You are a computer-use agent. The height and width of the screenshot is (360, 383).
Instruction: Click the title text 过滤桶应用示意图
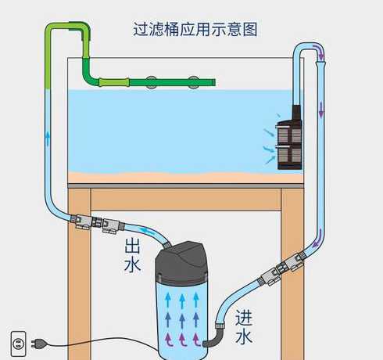[x=195, y=30]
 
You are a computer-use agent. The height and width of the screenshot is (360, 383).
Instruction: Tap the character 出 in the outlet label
[x=133, y=247]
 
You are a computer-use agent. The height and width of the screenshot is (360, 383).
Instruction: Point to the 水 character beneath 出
[x=133, y=266]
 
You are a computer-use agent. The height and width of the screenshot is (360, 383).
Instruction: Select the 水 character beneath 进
[x=244, y=337]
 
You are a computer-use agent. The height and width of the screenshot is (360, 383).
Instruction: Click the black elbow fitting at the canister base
[x=211, y=341]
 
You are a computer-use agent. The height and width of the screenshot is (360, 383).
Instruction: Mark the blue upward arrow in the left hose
[x=48, y=141]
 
